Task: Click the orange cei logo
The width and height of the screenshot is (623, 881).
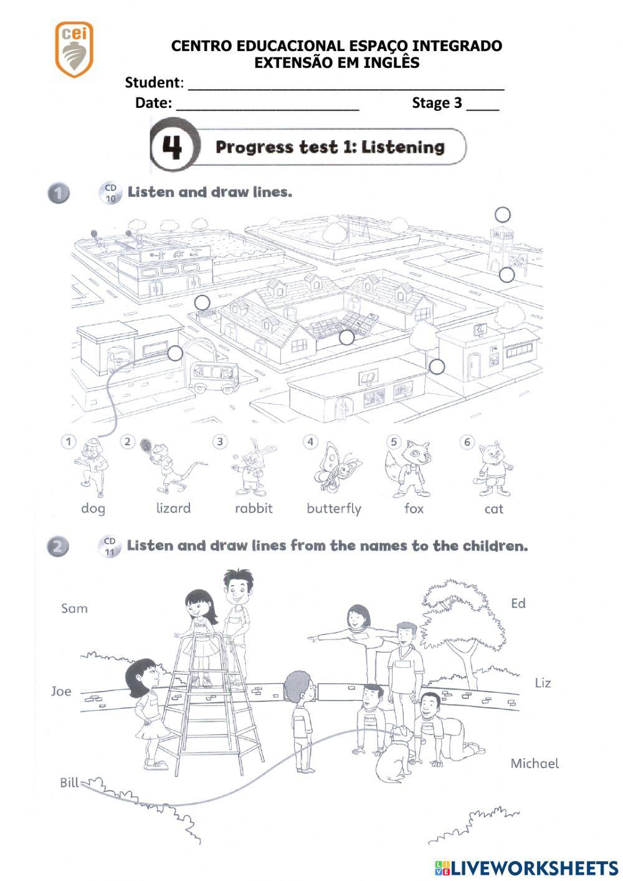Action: (74, 49)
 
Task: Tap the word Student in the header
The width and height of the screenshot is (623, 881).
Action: (152, 82)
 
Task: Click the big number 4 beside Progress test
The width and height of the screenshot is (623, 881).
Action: (173, 148)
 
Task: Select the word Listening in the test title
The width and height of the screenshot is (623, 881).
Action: (403, 147)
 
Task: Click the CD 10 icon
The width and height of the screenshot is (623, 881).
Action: (111, 193)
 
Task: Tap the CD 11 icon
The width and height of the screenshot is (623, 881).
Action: (110, 546)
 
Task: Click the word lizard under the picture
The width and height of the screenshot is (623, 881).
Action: (173, 508)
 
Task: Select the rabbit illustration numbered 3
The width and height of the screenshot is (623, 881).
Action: (252, 468)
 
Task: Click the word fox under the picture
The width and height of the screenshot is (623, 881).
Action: (414, 508)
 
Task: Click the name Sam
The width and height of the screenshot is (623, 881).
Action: (74, 609)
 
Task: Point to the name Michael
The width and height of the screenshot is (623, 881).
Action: (535, 763)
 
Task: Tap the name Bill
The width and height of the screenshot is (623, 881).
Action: (69, 782)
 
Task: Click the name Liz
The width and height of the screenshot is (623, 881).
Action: (543, 683)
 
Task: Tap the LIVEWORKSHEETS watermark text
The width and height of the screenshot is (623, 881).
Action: (533, 867)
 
